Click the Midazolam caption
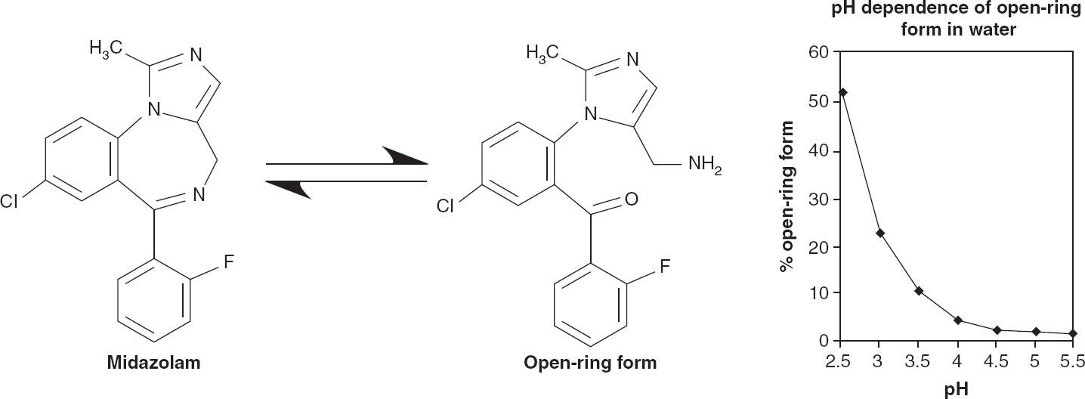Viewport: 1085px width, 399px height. pyautogui.click(x=153, y=363)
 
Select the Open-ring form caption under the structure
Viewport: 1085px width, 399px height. pyautogui.click(x=590, y=363)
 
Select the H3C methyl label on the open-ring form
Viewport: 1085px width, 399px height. pyautogui.click(x=542, y=52)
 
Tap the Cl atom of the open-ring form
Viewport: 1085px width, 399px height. pyautogui.click(x=447, y=205)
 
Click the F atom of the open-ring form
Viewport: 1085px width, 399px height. pyautogui.click(x=665, y=266)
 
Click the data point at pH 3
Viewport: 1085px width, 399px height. pyautogui.click(x=880, y=233)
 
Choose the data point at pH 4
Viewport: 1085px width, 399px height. pyautogui.click(x=957, y=320)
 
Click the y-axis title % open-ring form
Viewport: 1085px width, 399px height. pyautogui.click(x=788, y=196)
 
